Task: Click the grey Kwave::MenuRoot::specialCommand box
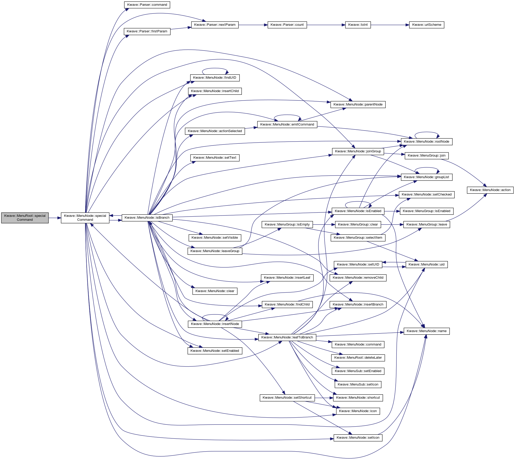click(x=25, y=218)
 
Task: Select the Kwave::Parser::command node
click(x=147, y=5)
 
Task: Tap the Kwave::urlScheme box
click(x=426, y=25)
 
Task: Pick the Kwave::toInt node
click(x=358, y=25)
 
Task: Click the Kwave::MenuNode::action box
click(x=490, y=190)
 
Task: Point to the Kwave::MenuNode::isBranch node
click(x=147, y=218)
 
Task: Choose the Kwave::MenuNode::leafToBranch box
click(x=287, y=337)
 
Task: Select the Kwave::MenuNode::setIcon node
click(x=358, y=438)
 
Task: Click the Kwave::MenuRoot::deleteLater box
click(x=358, y=358)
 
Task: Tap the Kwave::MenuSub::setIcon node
click(x=358, y=384)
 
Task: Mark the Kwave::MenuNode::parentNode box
click(x=358, y=104)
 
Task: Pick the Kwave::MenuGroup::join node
click(x=426, y=156)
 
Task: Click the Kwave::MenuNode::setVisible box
click(x=215, y=238)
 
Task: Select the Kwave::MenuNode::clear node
click(x=215, y=291)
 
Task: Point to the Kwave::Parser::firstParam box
click(x=147, y=31)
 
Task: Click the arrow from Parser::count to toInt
click(x=326, y=25)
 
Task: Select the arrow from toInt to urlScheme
click(x=390, y=25)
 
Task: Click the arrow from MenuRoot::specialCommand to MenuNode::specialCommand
click(x=55, y=218)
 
